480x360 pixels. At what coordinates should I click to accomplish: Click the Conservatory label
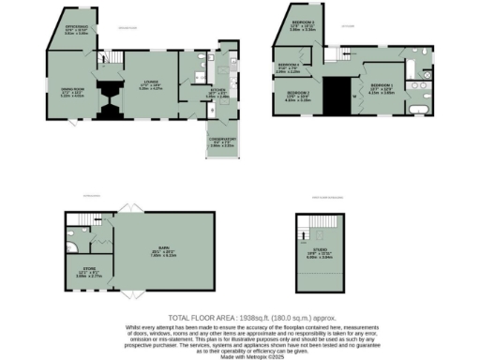click(x=221, y=142)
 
